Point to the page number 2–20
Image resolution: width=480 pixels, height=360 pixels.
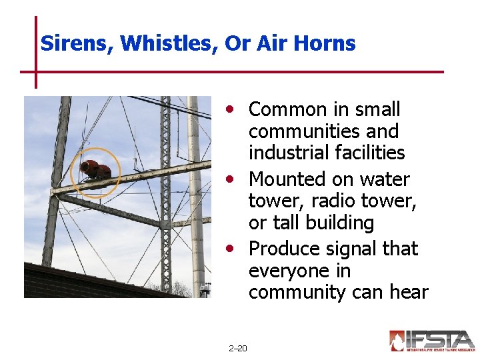click(x=237, y=349)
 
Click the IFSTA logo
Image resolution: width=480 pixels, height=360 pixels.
click(x=432, y=341)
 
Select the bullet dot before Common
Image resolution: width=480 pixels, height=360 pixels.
click(x=230, y=108)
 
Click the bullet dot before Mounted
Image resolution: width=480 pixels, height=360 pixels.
click(x=230, y=179)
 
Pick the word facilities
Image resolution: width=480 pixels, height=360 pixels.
click(x=373, y=153)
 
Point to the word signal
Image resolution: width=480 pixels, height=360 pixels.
click(x=353, y=249)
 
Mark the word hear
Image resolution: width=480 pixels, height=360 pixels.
click(x=407, y=293)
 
